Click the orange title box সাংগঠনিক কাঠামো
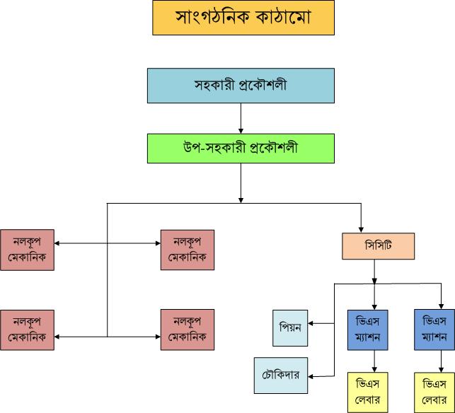point(243,18)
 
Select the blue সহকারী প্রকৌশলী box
point(241,86)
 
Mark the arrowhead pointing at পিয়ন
point(312,324)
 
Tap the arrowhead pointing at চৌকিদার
point(312,376)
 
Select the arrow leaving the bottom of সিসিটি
point(374,272)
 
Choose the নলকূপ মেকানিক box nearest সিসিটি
point(188,250)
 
